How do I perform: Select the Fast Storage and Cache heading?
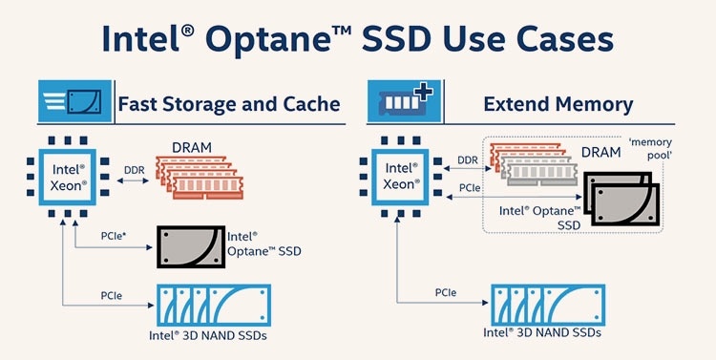227,103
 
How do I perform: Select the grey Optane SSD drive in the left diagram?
191,247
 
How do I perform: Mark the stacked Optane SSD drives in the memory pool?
618,198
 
